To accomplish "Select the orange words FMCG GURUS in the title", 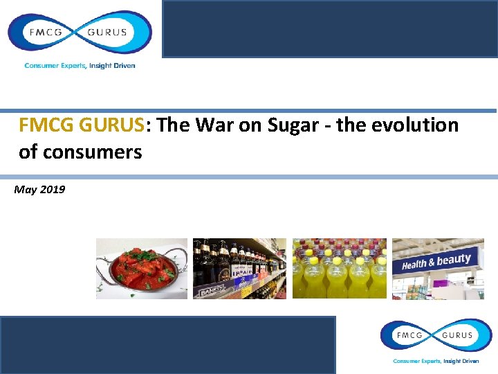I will pyautogui.click(x=82, y=125).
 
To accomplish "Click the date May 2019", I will pyautogui.click(x=39, y=189).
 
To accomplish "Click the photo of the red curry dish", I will pyautogui.click(x=142, y=269).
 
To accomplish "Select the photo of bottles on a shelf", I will pyautogui.click(x=239, y=269).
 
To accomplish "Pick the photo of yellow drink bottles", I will pyautogui.click(x=339, y=269).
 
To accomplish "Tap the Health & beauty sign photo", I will pyautogui.click(x=438, y=269).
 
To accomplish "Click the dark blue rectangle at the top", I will pyautogui.click(x=329, y=29).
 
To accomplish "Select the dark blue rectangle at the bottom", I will pyautogui.click(x=168, y=344).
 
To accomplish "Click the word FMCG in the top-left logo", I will pyautogui.click(x=44, y=32).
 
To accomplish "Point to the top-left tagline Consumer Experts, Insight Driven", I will pyautogui.click(x=80, y=66).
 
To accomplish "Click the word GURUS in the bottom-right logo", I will pyautogui.click(x=456, y=335).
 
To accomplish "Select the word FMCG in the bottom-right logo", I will pyautogui.click(x=409, y=335).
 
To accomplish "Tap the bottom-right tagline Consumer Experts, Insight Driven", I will pyautogui.click(x=436, y=361).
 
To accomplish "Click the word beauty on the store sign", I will pyautogui.click(x=454, y=260).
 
